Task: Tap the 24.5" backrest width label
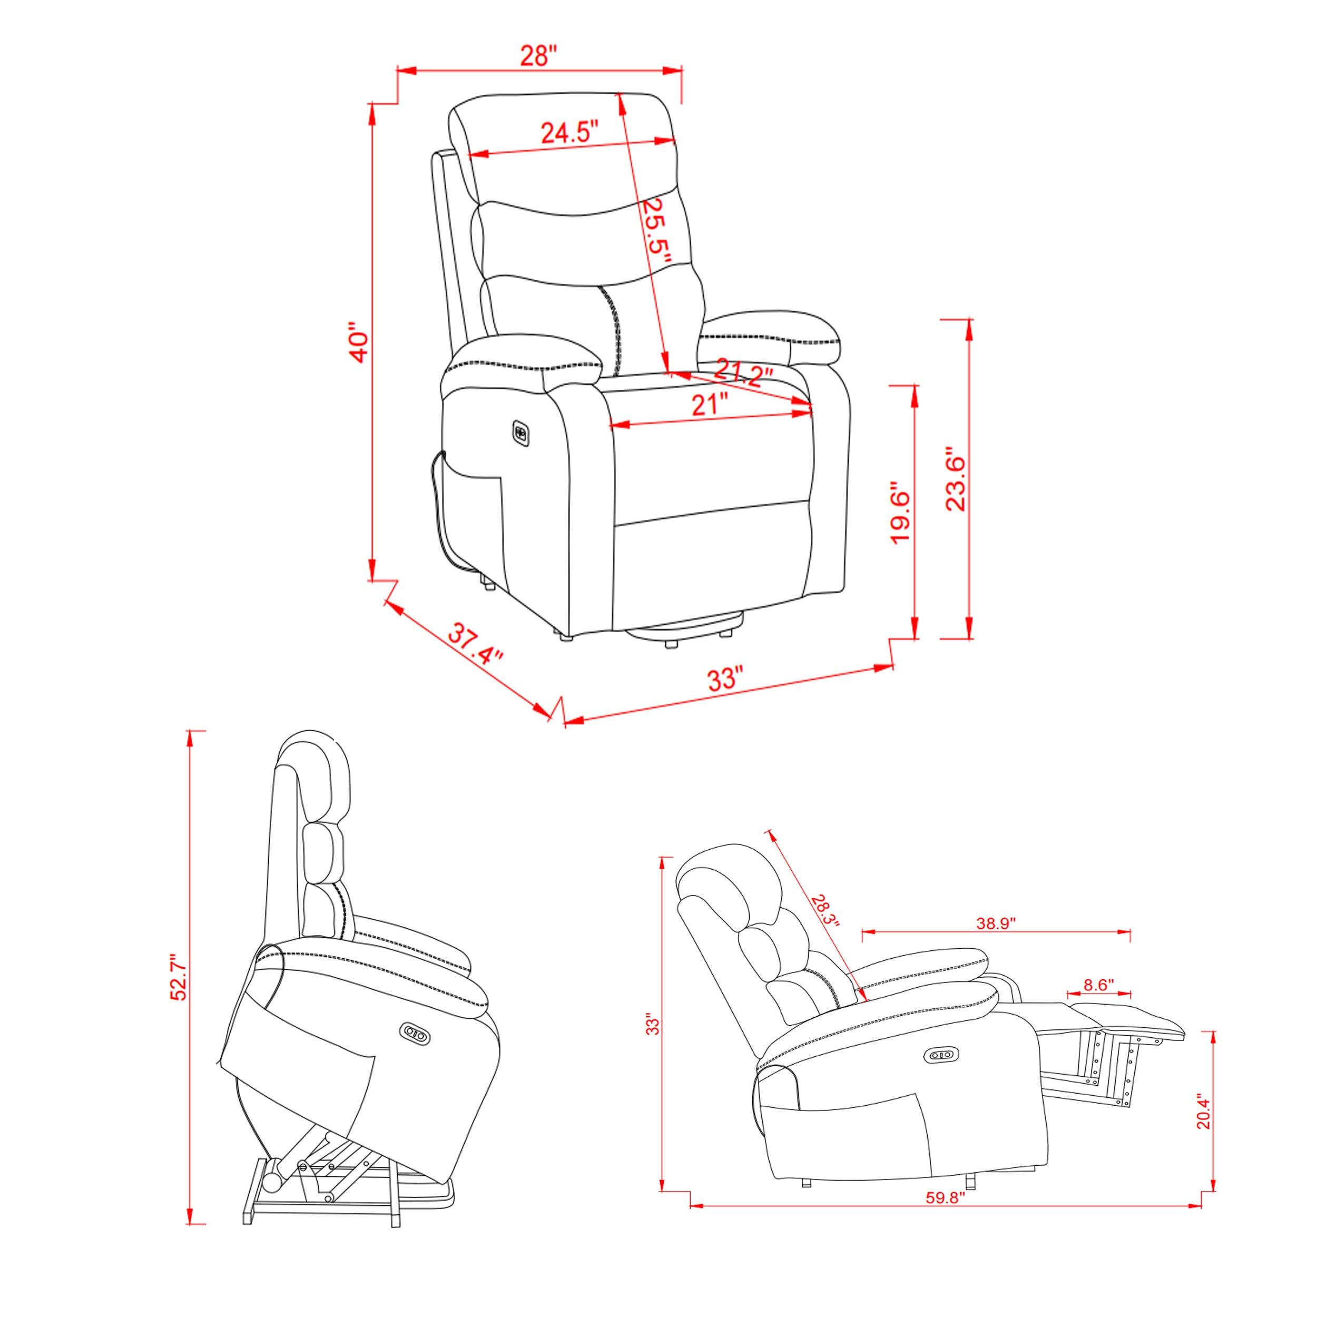570,132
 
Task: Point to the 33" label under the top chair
723,679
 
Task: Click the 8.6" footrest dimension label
1098,985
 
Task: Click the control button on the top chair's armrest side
522,431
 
